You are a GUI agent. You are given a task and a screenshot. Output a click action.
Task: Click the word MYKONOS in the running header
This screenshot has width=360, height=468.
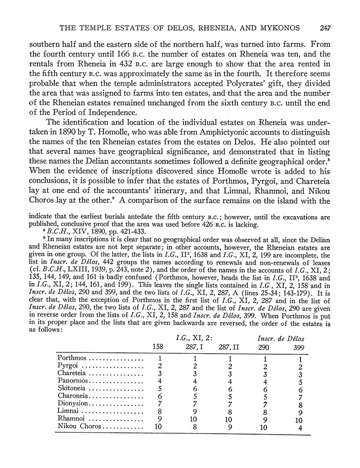point(278,28)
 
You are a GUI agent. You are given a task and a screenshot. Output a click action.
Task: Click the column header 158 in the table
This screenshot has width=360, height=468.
point(157,346)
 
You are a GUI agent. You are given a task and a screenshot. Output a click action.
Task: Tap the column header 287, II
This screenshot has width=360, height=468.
point(231,346)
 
